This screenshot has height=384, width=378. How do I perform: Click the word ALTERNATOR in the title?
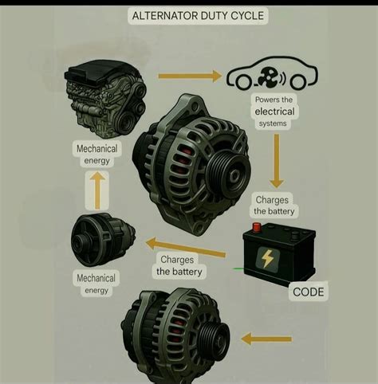pyautogui.click(x=165, y=16)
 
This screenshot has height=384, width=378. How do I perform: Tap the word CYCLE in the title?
pyautogui.click(x=247, y=16)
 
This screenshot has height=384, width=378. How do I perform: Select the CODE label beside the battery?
pyautogui.click(x=309, y=292)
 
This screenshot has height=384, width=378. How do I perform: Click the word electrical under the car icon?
pyautogui.click(x=274, y=112)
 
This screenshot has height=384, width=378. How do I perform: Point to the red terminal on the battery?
pyautogui.click(x=257, y=228)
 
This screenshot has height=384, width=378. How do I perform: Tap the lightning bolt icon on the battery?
pyautogui.click(x=267, y=259)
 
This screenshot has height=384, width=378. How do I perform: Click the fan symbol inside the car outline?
pyautogui.click(x=269, y=77)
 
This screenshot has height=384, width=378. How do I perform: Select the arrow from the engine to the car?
pyautogui.click(x=190, y=76)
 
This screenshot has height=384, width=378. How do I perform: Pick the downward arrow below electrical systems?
pyautogui.click(x=277, y=161)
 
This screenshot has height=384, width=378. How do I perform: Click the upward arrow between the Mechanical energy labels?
pyautogui.click(x=97, y=190)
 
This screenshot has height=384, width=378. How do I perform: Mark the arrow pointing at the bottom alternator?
pyautogui.click(x=266, y=339)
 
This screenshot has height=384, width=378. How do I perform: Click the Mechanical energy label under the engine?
pyautogui.click(x=96, y=155)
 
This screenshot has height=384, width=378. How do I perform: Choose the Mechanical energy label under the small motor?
pyautogui.click(x=96, y=284)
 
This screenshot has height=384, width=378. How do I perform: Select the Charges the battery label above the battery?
pyautogui.click(x=274, y=206)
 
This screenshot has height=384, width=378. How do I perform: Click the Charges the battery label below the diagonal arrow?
pyautogui.click(x=179, y=266)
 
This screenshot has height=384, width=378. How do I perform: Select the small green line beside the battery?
pyautogui.click(x=238, y=269)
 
